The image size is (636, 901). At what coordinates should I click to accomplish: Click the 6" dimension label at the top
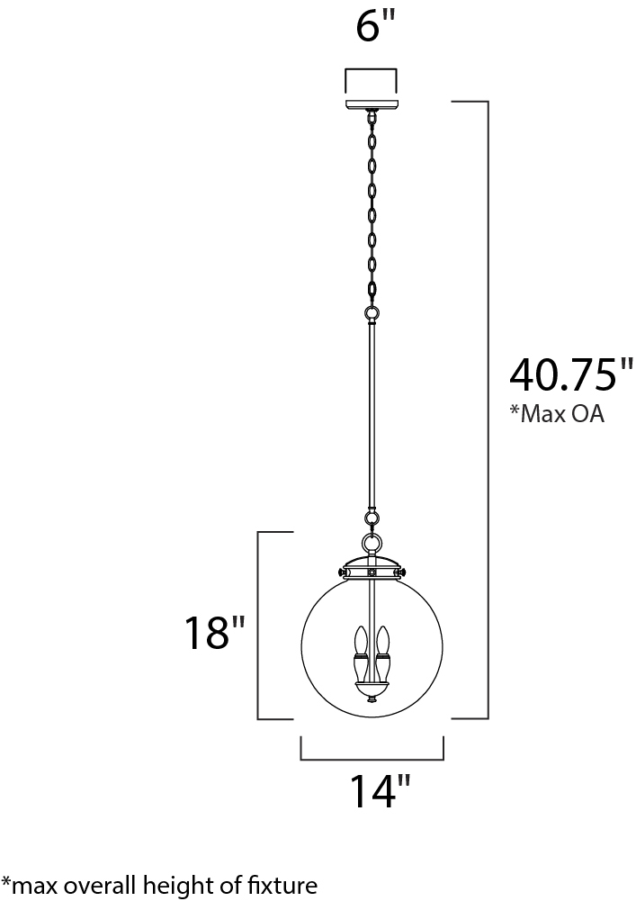[x=376, y=27]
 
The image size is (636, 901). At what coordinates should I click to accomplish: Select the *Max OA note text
[x=557, y=414]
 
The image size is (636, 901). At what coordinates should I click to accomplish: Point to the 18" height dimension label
[x=214, y=633]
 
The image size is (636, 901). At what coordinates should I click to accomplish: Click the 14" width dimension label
[x=380, y=792]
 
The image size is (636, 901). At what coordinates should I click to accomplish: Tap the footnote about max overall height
[x=159, y=884]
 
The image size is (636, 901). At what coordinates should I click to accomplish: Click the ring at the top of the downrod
[x=372, y=314]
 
